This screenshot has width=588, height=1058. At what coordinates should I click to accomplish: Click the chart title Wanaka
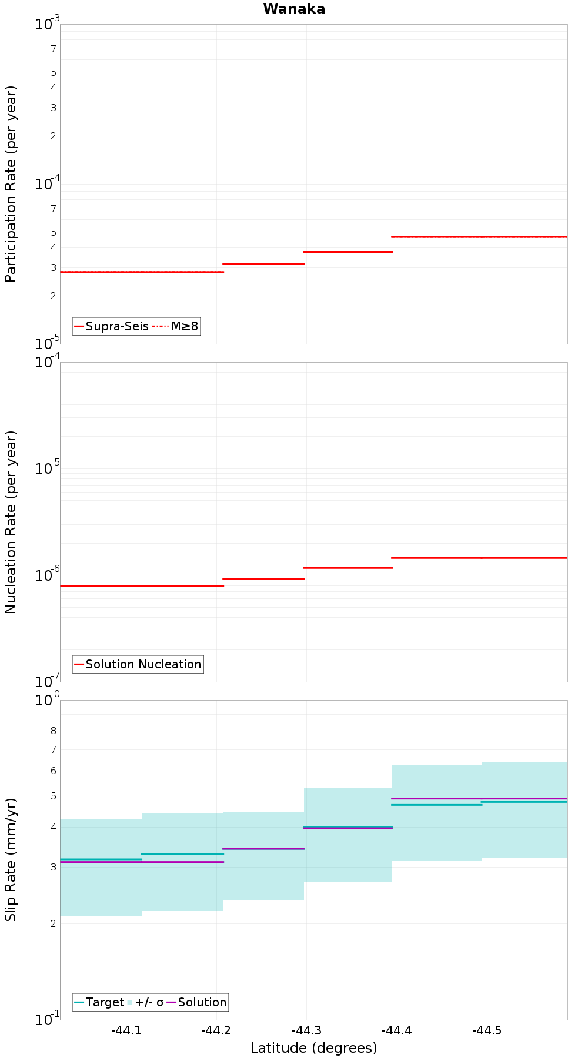click(x=294, y=9)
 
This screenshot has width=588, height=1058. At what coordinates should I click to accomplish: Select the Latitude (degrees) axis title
click(x=313, y=1048)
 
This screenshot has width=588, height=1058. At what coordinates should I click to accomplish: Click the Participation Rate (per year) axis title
click(x=11, y=184)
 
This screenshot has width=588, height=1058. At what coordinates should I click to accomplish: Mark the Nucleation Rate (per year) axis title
click(x=11, y=522)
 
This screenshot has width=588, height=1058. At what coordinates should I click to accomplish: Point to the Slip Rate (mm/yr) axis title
click(x=11, y=859)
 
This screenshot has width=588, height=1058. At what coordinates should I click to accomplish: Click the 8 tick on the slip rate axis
click(x=54, y=731)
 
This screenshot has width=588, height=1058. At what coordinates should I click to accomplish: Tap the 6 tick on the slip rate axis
click(x=54, y=771)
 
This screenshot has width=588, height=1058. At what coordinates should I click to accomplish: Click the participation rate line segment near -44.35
click(x=348, y=252)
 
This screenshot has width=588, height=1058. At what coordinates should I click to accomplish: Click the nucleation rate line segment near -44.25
click(x=263, y=579)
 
